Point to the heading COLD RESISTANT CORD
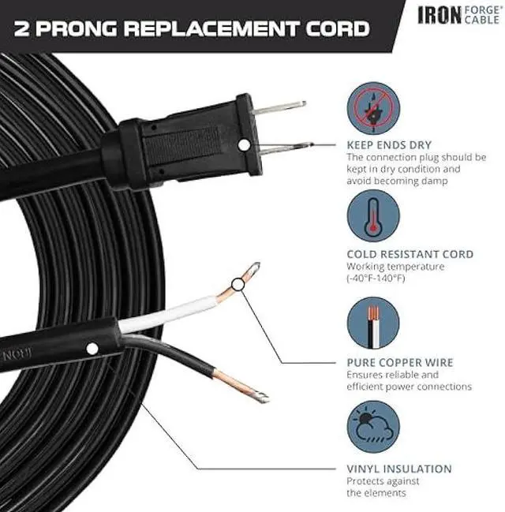click(x=410, y=254)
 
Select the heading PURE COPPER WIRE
click(x=400, y=363)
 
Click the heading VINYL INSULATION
click(x=399, y=469)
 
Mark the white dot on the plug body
click(x=245, y=144)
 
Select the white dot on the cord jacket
click(x=93, y=348)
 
